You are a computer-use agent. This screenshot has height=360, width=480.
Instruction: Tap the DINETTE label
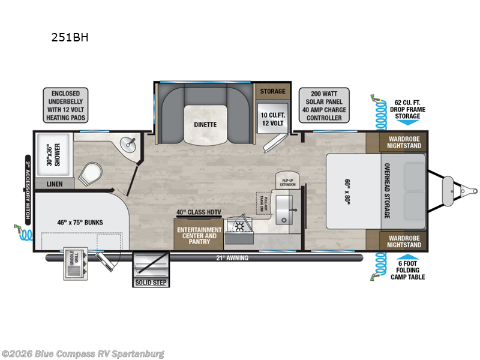point(205,125)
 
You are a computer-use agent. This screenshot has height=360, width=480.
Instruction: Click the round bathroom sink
point(128,143)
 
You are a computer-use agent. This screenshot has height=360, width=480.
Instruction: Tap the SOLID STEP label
point(151,283)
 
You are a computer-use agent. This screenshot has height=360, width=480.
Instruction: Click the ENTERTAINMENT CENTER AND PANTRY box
point(199,236)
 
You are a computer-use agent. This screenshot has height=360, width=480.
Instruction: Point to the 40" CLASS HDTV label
point(198,212)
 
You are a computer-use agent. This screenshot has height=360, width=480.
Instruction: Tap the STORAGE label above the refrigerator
point(272,91)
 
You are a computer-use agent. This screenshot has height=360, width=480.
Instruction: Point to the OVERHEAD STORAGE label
point(386,191)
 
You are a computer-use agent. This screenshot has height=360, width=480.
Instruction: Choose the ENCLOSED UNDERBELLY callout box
point(65,106)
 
